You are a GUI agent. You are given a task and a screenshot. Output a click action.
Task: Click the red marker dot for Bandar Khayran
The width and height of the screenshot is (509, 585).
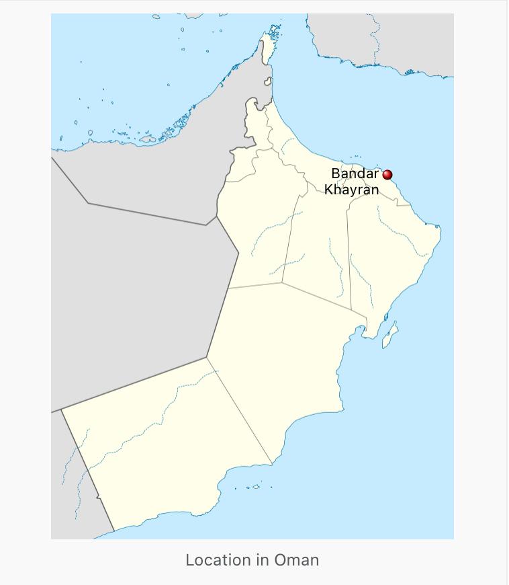(387, 175)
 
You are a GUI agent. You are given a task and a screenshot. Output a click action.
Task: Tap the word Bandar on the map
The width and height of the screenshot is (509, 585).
(355, 174)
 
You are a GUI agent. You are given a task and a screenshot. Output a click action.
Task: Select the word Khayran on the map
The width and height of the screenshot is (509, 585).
(351, 190)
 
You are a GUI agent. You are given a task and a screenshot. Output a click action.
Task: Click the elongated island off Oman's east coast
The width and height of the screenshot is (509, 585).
(390, 334)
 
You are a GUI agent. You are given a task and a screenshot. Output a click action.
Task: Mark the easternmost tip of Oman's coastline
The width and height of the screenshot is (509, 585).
(441, 229)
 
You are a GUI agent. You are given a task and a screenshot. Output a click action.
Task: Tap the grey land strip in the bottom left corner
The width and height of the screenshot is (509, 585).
(74, 484)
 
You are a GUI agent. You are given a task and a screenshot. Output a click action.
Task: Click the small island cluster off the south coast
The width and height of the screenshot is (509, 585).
(254, 487)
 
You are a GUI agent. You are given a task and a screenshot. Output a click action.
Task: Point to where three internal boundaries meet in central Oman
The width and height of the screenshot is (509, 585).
(282, 283)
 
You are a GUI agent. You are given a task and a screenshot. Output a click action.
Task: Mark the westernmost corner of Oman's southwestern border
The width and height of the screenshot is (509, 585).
(62, 411)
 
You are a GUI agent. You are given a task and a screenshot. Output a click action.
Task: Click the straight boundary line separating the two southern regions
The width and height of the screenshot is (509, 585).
(238, 410)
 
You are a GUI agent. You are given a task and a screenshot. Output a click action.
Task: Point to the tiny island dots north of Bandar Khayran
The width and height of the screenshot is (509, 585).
(356, 157)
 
